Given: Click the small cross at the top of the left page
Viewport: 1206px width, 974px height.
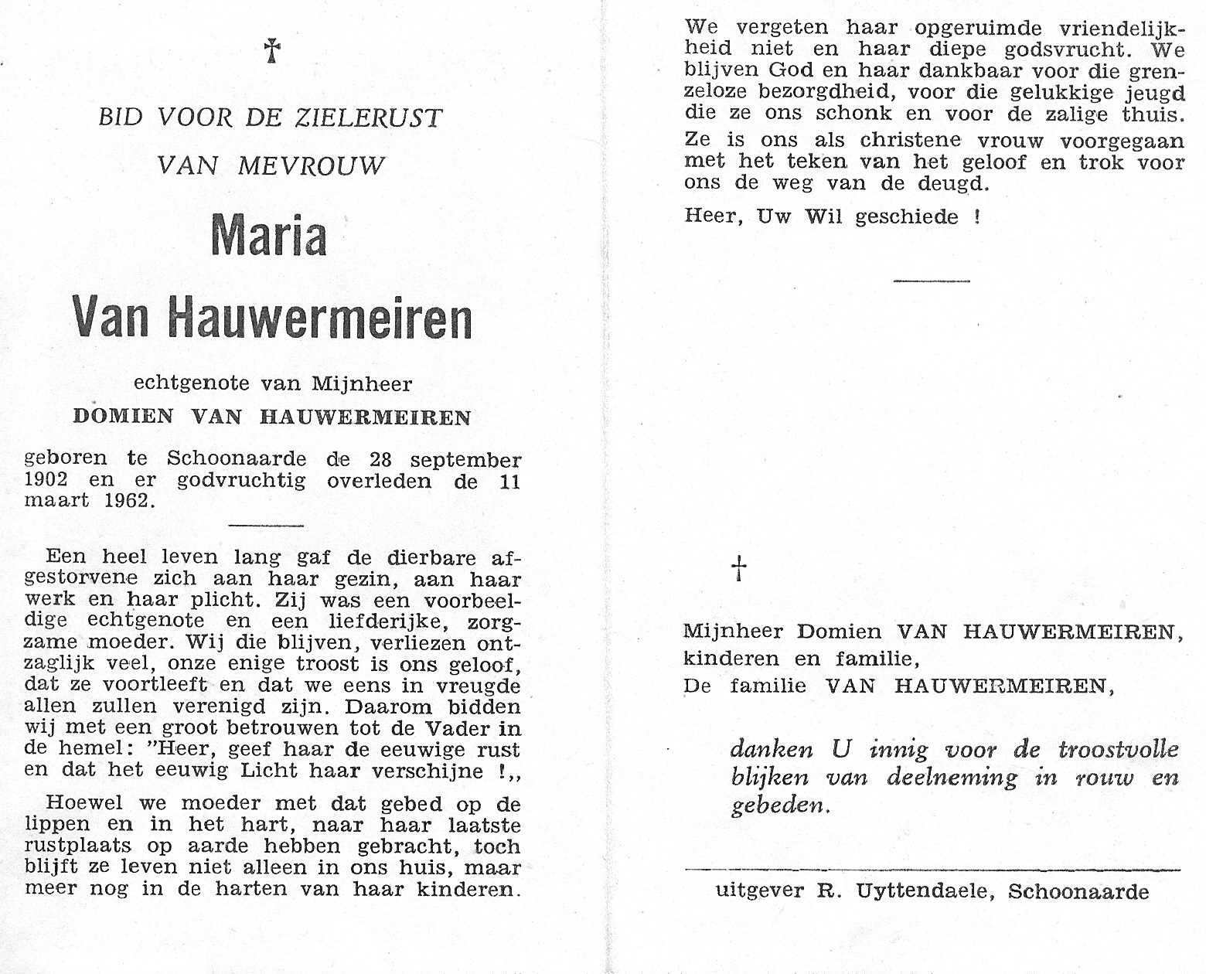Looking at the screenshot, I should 271,51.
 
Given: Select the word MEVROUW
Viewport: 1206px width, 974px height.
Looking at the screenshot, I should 311,165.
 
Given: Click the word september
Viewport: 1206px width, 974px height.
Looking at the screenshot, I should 465,461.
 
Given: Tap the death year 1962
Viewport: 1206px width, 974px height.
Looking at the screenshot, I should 128,501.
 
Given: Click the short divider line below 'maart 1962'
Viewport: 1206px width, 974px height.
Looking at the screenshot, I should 267,526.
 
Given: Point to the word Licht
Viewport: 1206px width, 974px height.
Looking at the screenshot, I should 270,771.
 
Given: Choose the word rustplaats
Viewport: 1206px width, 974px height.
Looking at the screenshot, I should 79,846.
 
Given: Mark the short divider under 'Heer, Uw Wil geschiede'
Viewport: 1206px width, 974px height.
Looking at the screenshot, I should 931,281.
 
